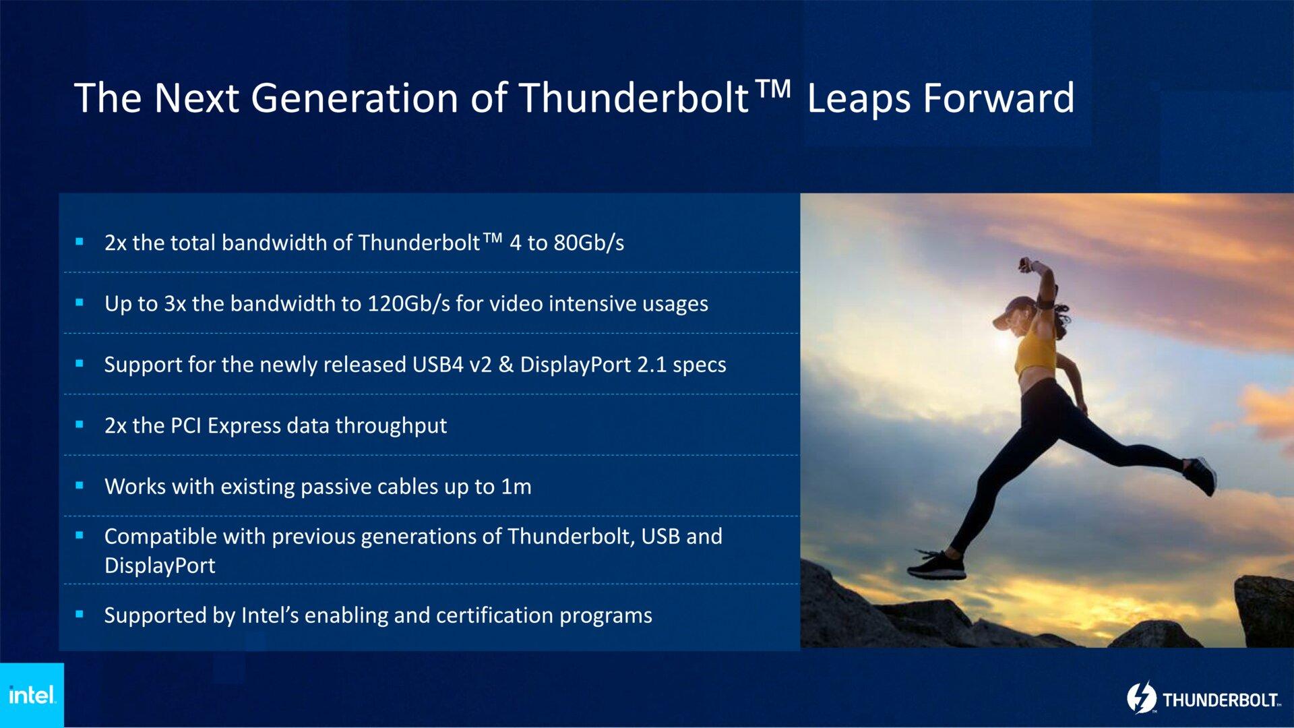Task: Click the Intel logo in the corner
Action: pyautogui.click(x=31, y=695)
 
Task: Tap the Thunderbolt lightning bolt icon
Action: pyautogui.click(x=1142, y=698)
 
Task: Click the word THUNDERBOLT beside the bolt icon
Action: pyautogui.click(x=1221, y=700)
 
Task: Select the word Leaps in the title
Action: pyautogui.click(x=859, y=98)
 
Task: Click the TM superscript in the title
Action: pyautogui.click(x=772, y=88)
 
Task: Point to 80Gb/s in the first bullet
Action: pyautogui.click(x=588, y=243)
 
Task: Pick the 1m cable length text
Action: pyautogui.click(x=516, y=487)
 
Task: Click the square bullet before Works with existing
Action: pyautogui.click(x=80, y=485)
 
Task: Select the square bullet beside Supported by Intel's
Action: pyautogui.click(x=80, y=614)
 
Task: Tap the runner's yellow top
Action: pyautogui.click(x=1035, y=352)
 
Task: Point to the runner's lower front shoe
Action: pyautogui.click(x=937, y=566)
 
